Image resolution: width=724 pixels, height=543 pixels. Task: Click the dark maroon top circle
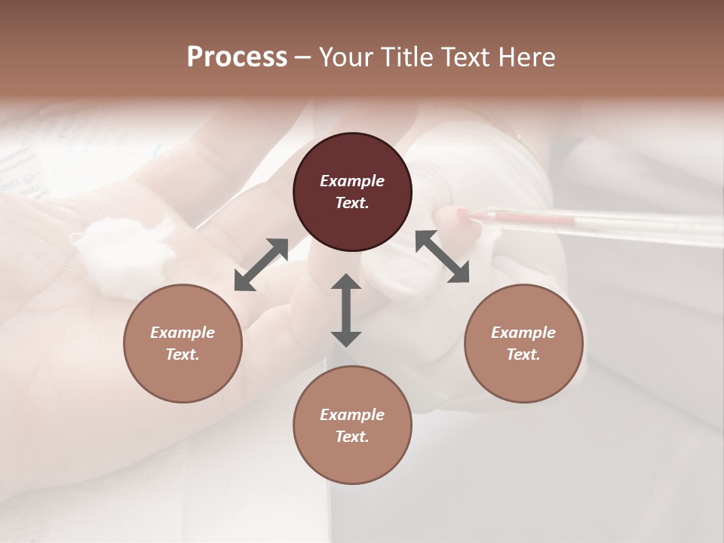pyautogui.click(x=352, y=192)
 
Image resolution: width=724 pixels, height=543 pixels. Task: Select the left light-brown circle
pyautogui.click(x=183, y=343)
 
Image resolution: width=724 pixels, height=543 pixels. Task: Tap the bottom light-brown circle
pyautogui.click(x=352, y=425)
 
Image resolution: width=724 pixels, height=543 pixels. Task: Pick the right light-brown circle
pyautogui.click(x=523, y=343)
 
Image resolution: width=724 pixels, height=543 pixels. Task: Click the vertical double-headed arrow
pyautogui.click(x=346, y=310)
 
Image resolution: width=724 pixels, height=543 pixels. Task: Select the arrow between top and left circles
pyautogui.click(x=261, y=264)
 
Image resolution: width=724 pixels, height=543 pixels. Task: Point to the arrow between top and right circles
pyautogui.click(x=442, y=256)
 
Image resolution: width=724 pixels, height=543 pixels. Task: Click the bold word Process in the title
pyautogui.click(x=237, y=57)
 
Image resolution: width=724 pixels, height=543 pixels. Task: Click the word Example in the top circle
pyautogui.click(x=352, y=181)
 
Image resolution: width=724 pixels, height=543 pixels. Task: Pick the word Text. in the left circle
pyautogui.click(x=183, y=354)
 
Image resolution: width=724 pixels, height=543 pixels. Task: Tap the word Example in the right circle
pyautogui.click(x=523, y=333)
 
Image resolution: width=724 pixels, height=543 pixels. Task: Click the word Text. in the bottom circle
pyautogui.click(x=352, y=437)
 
